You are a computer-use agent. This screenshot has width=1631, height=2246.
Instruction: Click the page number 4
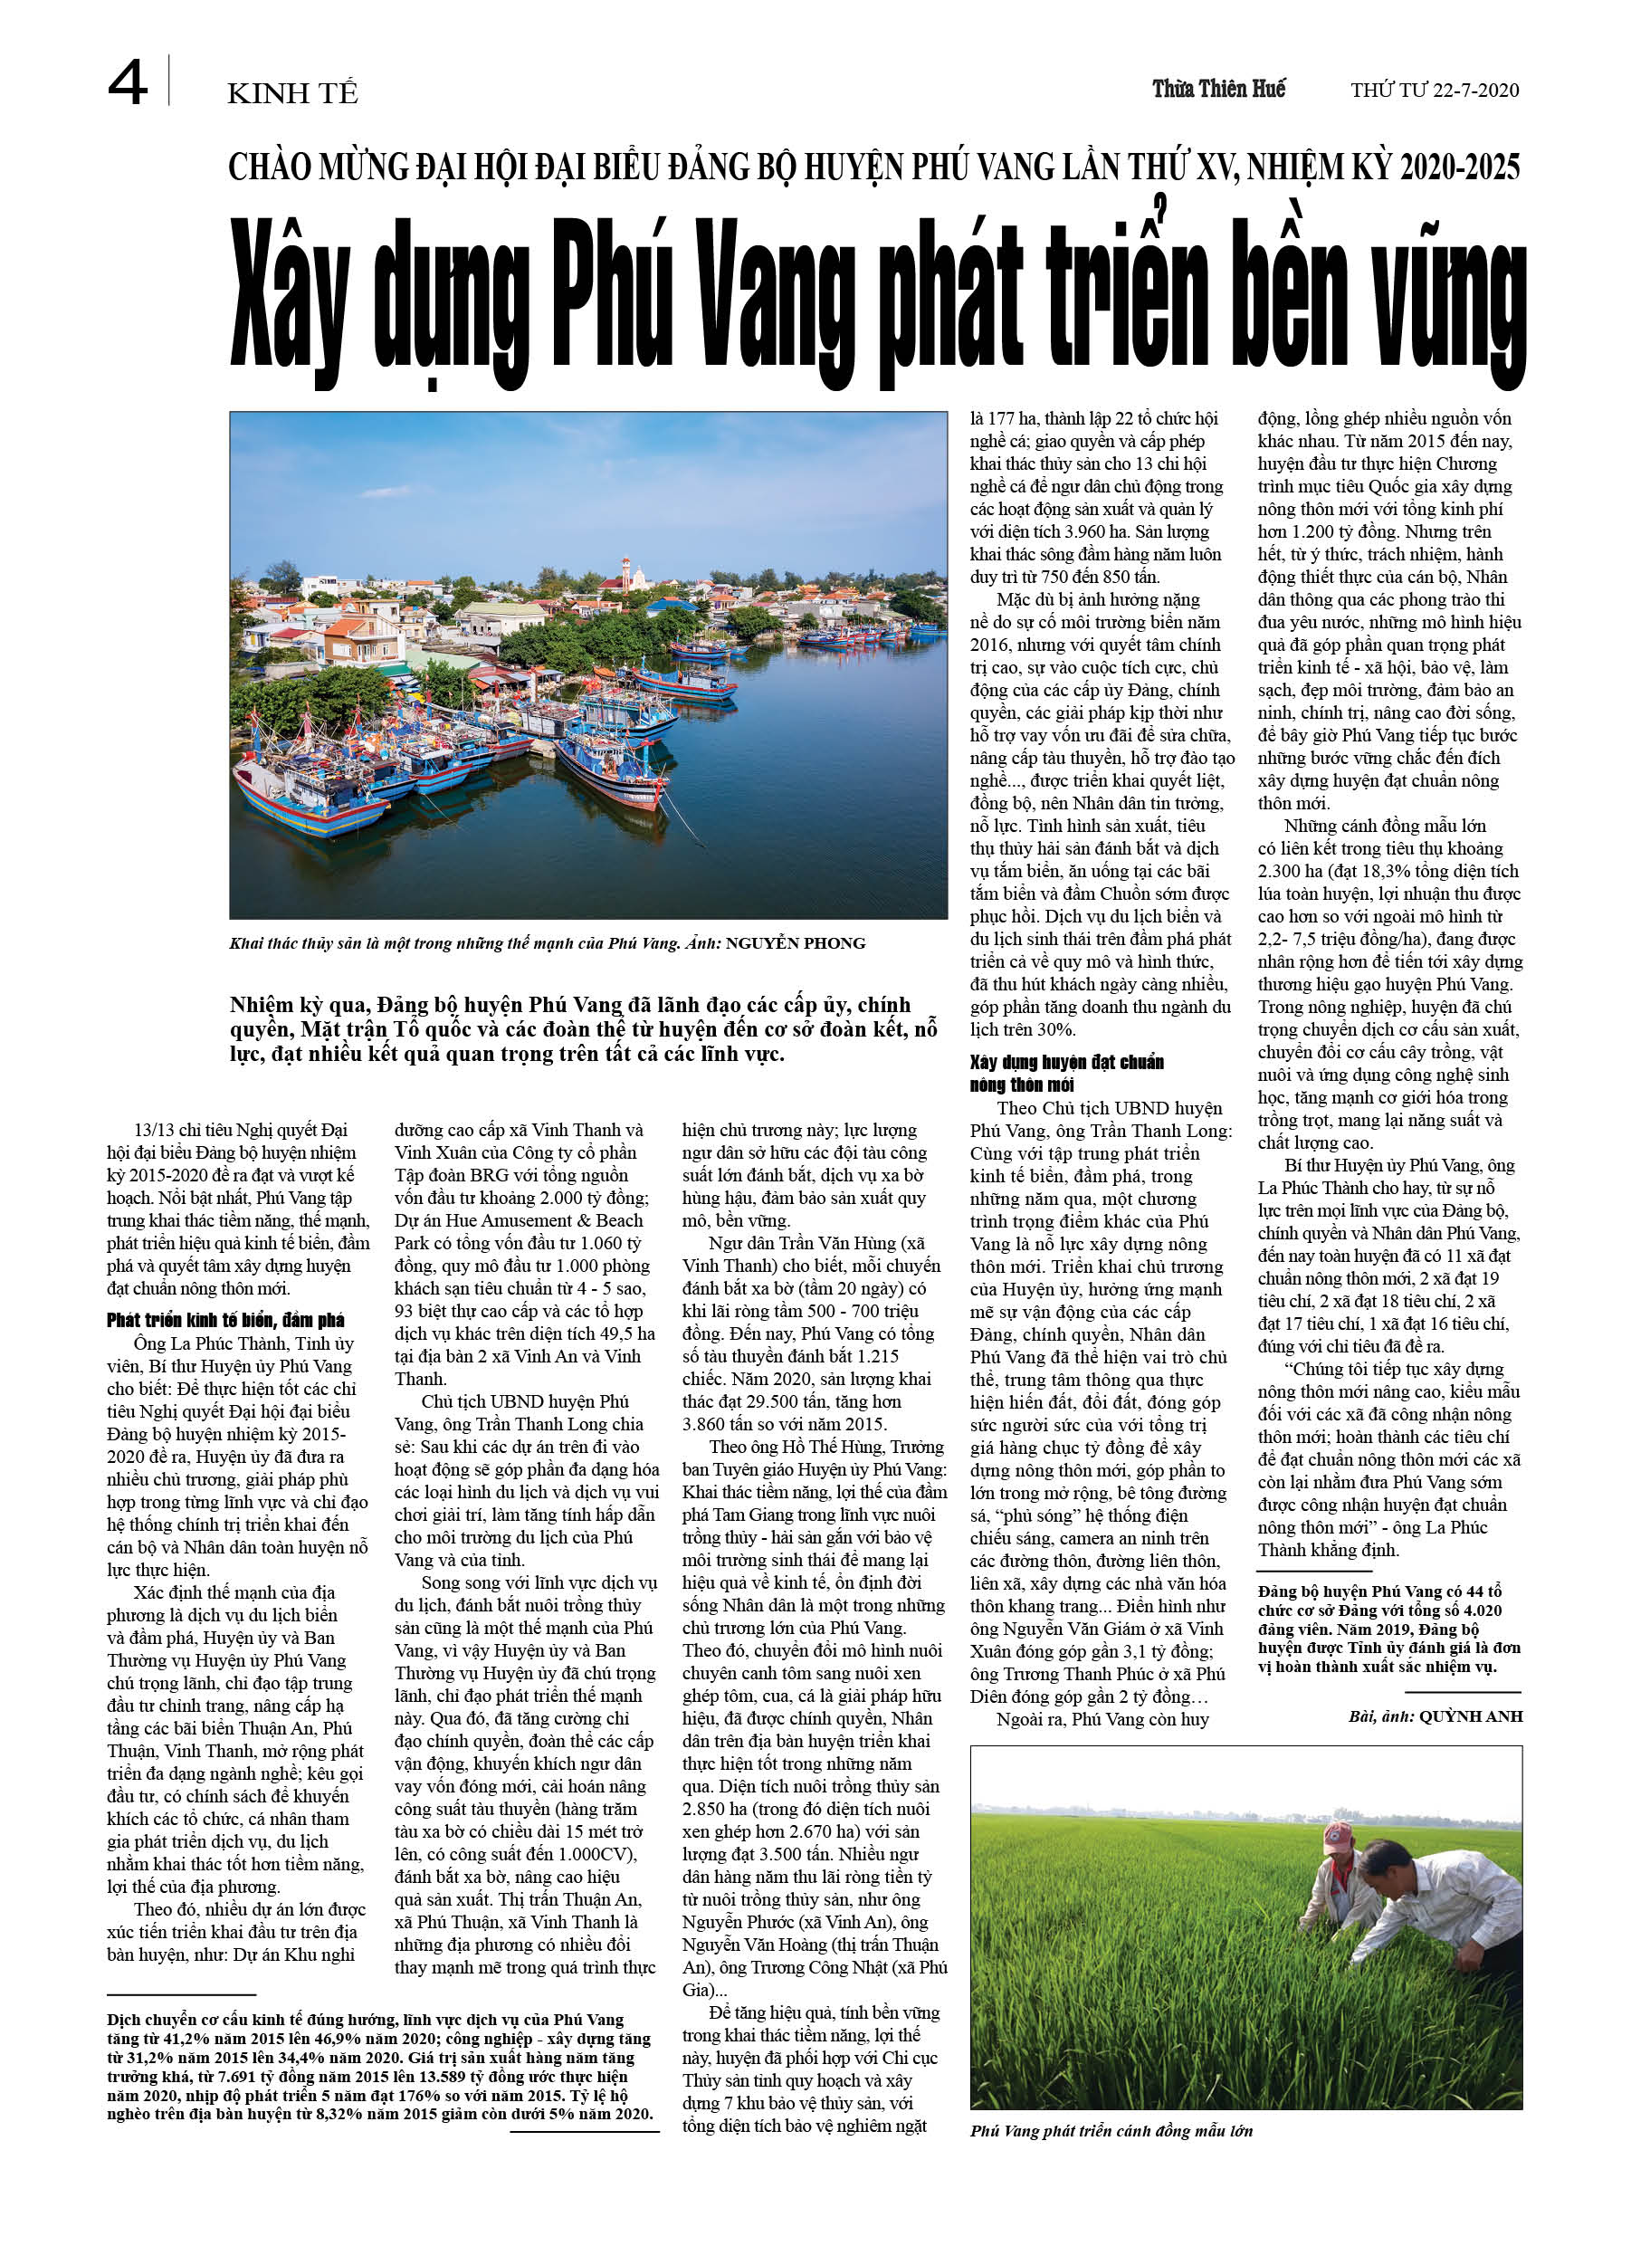click(x=128, y=83)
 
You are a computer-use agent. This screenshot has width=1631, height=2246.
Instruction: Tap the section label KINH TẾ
click(x=292, y=94)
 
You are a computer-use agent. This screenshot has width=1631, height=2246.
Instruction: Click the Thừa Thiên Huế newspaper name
click(x=1218, y=89)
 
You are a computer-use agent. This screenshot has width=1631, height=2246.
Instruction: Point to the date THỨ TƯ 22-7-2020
click(x=1434, y=91)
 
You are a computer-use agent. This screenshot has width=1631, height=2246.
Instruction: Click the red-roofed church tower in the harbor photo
click(x=625, y=571)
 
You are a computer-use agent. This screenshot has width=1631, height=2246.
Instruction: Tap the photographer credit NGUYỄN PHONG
click(x=796, y=942)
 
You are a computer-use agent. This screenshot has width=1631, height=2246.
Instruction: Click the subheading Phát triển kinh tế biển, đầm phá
click(x=225, y=1320)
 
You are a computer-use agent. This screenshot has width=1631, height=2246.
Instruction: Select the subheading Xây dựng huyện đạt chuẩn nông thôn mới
click(x=1066, y=1074)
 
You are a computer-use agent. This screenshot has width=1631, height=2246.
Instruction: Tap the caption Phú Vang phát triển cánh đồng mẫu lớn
click(x=1111, y=2131)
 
